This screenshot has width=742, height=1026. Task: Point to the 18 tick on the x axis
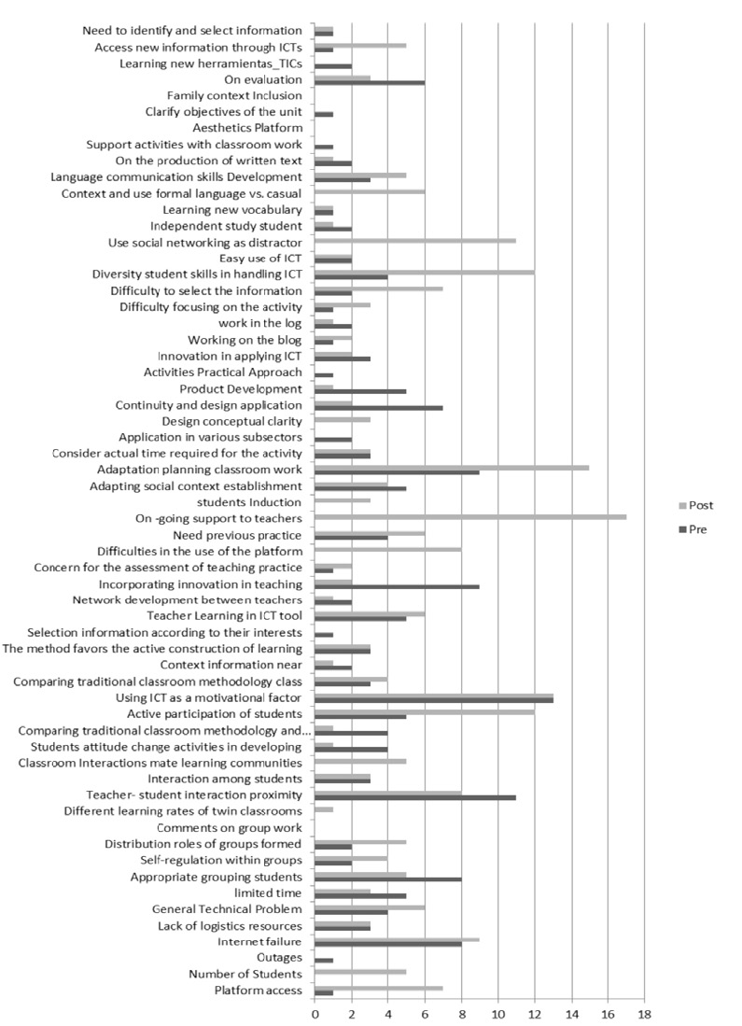[x=644, y=1011]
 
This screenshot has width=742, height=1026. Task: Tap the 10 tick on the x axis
[x=497, y=1011]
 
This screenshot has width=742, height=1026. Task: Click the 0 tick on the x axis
[x=315, y=1011]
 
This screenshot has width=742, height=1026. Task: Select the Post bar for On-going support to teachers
[x=470, y=516]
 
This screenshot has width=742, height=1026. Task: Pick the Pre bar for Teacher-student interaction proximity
[x=415, y=797]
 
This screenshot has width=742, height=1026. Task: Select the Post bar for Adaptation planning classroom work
[x=452, y=467]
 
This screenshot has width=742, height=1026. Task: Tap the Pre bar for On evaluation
[x=370, y=82]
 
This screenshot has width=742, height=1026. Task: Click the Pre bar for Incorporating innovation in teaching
[x=397, y=586]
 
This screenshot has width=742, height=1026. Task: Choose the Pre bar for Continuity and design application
[x=379, y=408]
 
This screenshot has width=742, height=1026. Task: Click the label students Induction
[x=256, y=502]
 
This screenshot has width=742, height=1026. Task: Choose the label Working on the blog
[x=245, y=340]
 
